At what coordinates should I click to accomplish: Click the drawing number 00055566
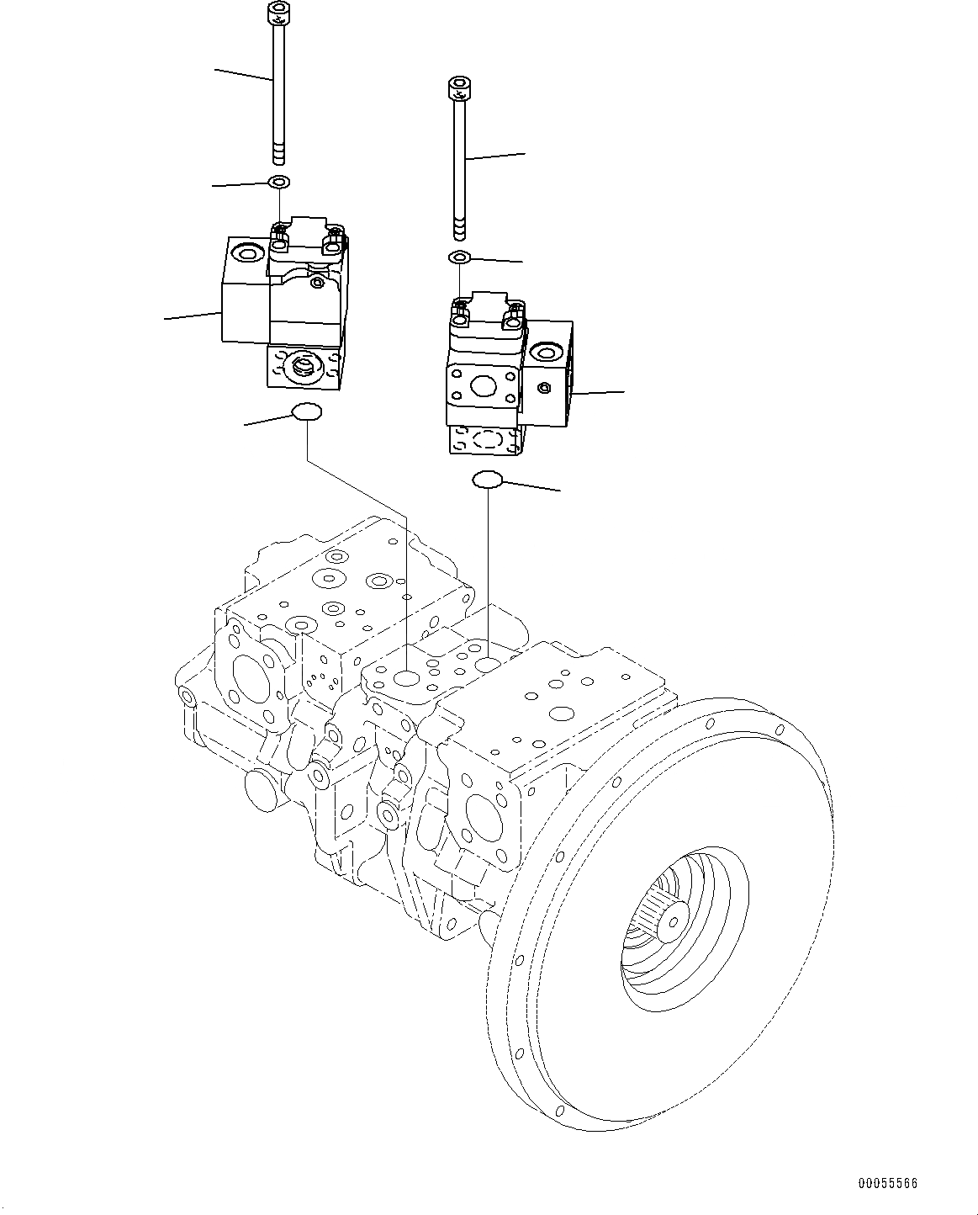click(x=887, y=1184)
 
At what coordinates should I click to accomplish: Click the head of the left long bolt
click(x=276, y=14)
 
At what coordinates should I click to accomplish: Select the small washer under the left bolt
click(x=278, y=182)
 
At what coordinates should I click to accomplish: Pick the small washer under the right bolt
click(x=459, y=257)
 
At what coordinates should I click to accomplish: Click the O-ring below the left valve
click(x=306, y=412)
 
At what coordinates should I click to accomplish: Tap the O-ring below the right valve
click(x=488, y=480)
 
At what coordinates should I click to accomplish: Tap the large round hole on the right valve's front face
click(x=484, y=386)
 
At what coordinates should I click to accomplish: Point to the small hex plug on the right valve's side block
click(x=544, y=388)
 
